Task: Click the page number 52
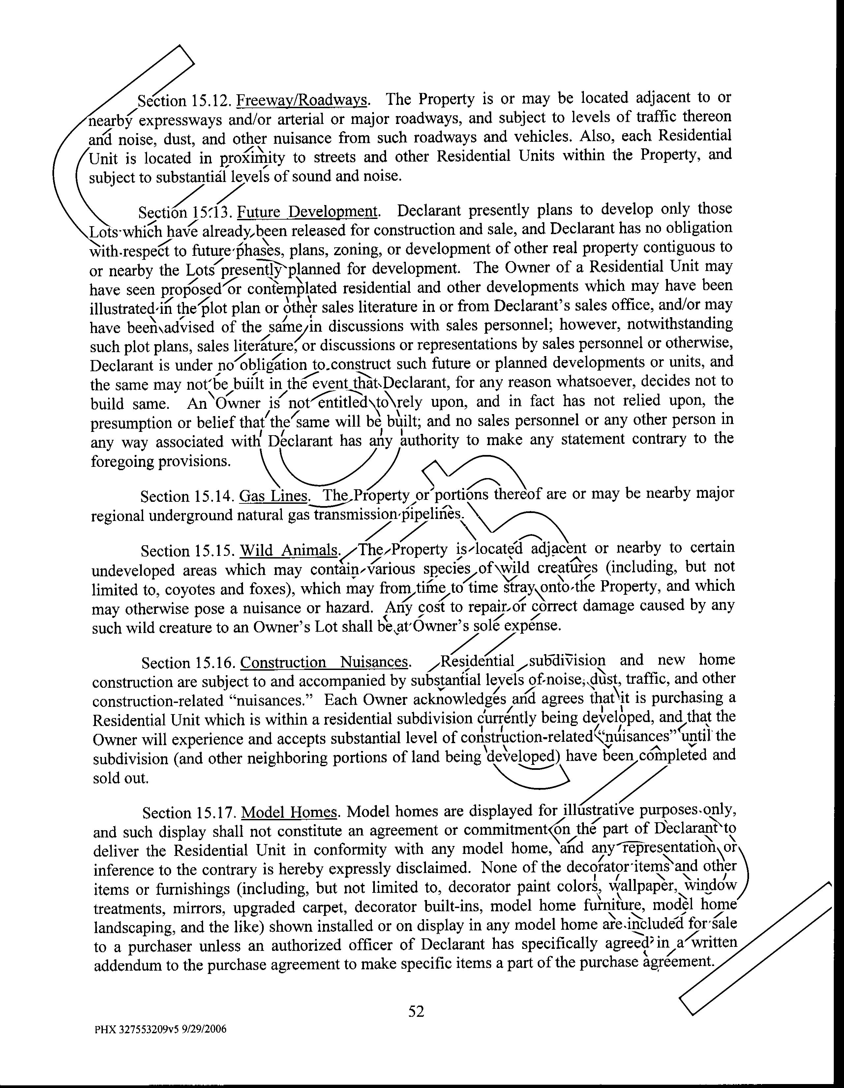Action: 416,1011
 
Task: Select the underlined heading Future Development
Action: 308,212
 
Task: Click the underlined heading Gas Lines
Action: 274,496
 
